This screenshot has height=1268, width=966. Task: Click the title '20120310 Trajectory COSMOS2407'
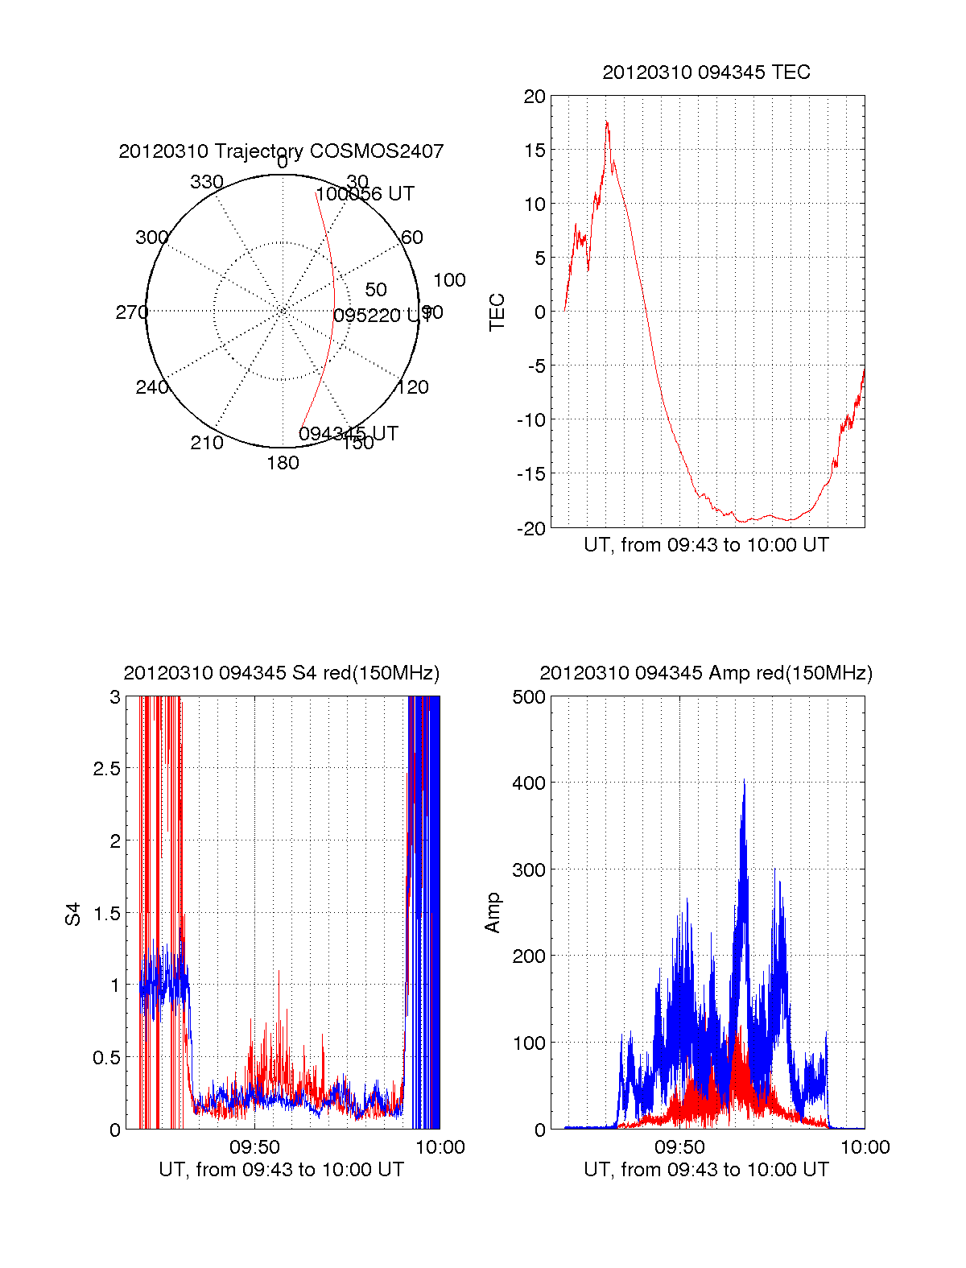(x=281, y=151)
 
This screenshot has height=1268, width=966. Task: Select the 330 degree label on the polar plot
(x=206, y=182)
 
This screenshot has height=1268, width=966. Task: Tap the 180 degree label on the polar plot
(x=283, y=463)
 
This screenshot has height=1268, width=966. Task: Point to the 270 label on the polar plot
(x=131, y=312)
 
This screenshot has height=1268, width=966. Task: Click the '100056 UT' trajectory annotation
(x=365, y=194)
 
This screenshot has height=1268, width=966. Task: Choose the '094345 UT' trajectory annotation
(x=348, y=434)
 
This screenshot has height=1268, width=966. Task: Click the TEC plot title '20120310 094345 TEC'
(x=706, y=72)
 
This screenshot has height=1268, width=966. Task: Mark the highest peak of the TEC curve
(x=607, y=122)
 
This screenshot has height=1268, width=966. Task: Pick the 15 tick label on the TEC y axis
(x=535, y=151)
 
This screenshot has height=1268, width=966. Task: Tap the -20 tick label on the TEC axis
(x=530, y=528)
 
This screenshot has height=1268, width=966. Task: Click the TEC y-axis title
(x=497, y=312)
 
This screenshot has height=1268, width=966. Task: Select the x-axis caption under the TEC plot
(x=706, y=545)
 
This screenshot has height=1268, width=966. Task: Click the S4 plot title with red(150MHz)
(x=281, y=673)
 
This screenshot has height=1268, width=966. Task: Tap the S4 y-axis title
(x=73, y=915)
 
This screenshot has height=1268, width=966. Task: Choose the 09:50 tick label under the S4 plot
(x=254, y=1147)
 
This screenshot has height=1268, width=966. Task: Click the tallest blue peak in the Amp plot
(x=744, y=781)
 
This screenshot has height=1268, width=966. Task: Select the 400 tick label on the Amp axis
(x=529, y=783)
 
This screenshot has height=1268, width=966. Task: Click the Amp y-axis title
(x=492, y=913)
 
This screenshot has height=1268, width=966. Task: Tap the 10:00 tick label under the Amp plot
(x=865, y=1147)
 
